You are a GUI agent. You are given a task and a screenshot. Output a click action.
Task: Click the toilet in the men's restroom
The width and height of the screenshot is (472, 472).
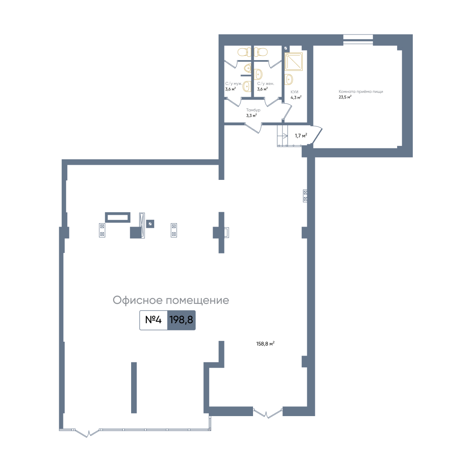[x=244, y=52]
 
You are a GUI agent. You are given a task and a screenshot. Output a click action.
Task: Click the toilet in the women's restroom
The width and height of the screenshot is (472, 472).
[x=261, y=52]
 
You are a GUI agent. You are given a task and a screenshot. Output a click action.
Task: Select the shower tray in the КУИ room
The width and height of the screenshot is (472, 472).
[x=294, y=62]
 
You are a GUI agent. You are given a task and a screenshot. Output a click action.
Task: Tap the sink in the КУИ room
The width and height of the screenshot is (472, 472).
[x=289, y=79]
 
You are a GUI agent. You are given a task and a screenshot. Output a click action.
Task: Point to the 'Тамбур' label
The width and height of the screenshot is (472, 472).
[x=253, y=110]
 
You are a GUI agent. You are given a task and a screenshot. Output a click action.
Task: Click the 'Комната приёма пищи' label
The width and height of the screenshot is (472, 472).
[x=361, y=92]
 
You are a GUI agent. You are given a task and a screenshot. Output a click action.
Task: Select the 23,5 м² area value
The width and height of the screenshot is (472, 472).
[x=345, y=97]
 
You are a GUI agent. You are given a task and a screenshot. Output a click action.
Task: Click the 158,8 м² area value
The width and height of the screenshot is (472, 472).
[x=265, y=343]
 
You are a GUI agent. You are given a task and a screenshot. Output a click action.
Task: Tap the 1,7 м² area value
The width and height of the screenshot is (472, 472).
[x=301, y=136]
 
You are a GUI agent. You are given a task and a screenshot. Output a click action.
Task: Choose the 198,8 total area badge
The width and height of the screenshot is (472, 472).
[x=182, y=320]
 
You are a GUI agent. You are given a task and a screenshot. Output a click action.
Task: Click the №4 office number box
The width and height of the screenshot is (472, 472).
[x=153, y=320]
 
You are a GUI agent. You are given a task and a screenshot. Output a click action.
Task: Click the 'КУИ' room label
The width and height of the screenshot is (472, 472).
[x=294, y=92]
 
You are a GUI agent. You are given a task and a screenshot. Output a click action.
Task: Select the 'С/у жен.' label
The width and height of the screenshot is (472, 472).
[x=266, y=84]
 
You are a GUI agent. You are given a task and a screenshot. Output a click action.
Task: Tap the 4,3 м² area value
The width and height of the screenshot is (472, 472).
[x=296, y=98]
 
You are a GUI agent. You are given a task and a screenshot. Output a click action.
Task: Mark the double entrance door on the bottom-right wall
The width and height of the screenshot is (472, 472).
[x=268, y=413]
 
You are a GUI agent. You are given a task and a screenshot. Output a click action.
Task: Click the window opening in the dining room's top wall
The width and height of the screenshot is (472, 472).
[x=358, y=40]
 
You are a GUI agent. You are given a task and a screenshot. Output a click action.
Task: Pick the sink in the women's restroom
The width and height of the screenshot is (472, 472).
[x=258, y=74]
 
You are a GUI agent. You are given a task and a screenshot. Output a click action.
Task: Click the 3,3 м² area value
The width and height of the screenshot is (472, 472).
[x=251, y=116]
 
